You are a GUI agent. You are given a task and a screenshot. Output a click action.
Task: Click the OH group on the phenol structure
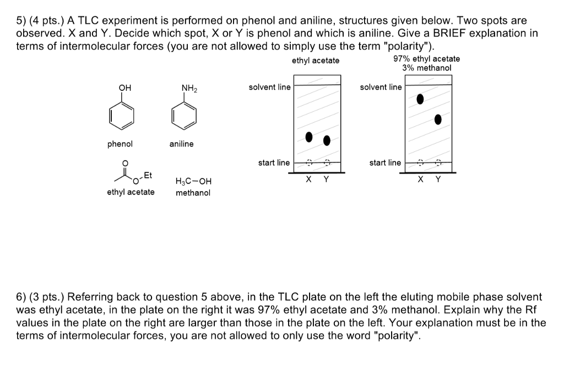click(x=125, y=88)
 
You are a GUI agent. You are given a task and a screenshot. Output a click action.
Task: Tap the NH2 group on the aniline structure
click(x=189, y=88)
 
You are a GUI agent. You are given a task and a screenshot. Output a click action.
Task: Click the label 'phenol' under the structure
click(x=120, y=144)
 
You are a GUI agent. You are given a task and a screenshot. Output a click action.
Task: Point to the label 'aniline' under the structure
click(x=181, y=144)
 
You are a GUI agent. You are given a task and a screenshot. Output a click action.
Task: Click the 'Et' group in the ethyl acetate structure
click(x=147, y=175)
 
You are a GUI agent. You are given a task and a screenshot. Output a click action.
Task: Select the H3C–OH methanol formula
click(x=193, y=181)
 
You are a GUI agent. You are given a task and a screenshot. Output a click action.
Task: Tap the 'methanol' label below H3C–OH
click(x=193, y=192)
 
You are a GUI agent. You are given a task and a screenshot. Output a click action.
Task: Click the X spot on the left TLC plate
click(x=309, y=136)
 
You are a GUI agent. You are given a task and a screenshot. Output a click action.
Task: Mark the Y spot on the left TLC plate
click(x=327, y=140)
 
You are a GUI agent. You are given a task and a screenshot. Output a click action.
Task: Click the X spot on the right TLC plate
click(x=420, y=99)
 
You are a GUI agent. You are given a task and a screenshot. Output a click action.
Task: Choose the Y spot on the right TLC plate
click(x=438, y=120)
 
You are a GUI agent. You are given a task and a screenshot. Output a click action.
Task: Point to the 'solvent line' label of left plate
click(x=269, y=87)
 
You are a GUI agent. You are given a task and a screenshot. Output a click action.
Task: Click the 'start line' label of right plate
click(x=385, y=163)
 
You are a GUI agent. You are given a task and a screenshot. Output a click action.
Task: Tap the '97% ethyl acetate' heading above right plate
click(x=426, y=59)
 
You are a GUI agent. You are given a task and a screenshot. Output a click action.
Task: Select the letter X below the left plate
click(x=308, y=179)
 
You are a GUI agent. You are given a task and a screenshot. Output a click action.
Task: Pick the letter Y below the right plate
click(x=438, y=179)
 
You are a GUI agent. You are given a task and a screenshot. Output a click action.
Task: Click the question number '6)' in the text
click(x=22, y=296)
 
